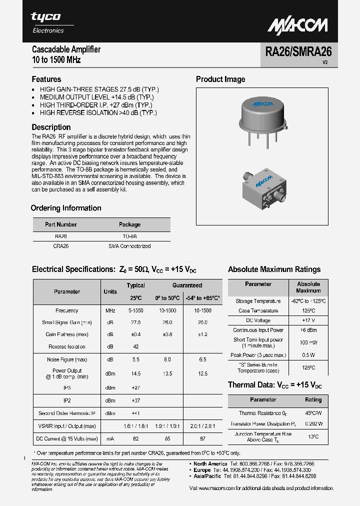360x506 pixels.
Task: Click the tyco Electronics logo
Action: [48, 22]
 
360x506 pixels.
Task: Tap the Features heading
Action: [46, 79]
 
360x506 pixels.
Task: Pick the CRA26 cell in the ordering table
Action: [61, 246]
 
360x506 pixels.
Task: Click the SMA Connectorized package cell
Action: [129, 246]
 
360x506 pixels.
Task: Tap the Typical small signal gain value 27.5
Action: [135, 322]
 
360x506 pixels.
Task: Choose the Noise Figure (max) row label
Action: [67, 359]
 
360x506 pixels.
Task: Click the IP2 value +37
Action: [135, 400]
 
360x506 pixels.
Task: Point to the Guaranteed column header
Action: [187, 285]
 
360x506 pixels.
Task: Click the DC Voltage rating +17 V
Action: [308, 320]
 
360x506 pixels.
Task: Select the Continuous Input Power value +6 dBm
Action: [308, 330]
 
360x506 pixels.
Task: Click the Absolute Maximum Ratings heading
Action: [274, 269]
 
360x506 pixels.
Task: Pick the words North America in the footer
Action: [210, 464]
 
